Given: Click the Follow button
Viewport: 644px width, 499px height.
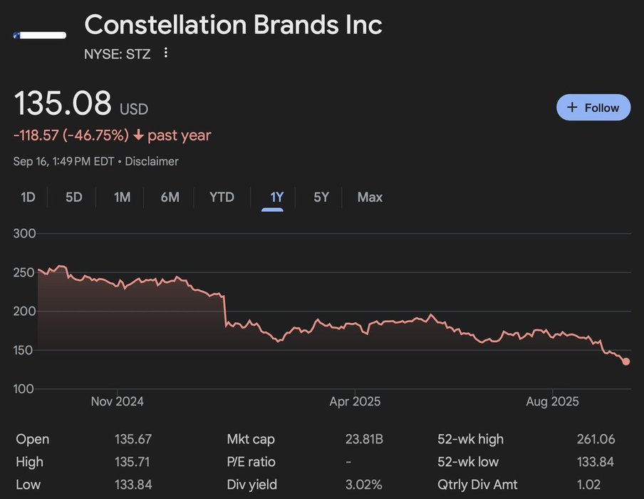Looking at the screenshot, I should point(593,108).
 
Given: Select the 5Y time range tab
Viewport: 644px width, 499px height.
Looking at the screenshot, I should point(321,197).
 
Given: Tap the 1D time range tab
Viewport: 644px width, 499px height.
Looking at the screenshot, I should point(28,197).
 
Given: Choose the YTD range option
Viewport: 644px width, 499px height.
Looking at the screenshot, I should point(222,197).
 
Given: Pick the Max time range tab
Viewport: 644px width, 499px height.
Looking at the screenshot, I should point(370,197).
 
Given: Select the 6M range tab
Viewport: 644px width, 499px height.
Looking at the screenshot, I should point(170,197).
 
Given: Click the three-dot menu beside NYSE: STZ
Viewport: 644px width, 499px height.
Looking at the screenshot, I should point(166,53).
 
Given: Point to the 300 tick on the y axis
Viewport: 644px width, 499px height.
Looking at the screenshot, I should point(24,234).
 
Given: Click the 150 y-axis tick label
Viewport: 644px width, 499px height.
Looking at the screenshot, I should point(24,350).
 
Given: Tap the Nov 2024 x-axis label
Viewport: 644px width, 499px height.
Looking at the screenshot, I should point(117,401).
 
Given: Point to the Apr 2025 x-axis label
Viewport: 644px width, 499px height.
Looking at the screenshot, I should point(355,401).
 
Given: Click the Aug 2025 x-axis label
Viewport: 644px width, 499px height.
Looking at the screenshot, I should point(552,401).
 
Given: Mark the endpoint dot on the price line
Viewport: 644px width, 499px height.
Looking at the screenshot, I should point(626,361).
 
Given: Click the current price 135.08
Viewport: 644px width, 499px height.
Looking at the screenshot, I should point(63,103).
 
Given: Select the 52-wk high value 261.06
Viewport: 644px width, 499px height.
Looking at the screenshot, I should point(596,439).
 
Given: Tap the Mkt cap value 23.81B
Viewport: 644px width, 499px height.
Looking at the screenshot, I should point(364,439).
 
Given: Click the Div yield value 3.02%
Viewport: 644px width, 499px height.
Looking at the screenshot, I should point(364,485).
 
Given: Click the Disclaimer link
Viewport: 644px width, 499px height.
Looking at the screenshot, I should point(152,161).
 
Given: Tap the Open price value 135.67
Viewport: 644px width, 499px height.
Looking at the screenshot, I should point(133,439).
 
